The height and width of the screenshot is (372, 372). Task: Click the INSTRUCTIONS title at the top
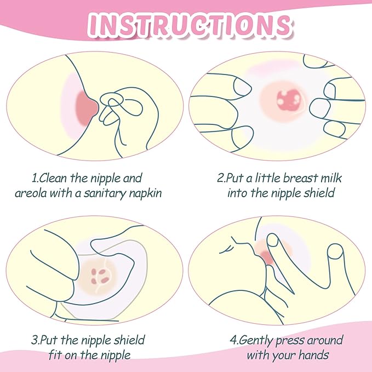click(x=187, y=25)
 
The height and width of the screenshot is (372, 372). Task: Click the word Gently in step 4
click(x=257, y=341)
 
